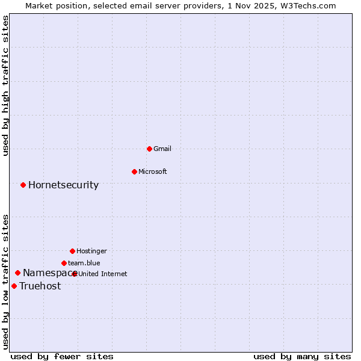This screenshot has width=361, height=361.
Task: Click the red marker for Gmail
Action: coord(149,149)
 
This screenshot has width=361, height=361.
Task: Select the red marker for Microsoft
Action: coord(134,171)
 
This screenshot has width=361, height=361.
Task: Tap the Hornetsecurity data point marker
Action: coord(23,185)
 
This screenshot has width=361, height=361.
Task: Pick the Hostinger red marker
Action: coord(72,251)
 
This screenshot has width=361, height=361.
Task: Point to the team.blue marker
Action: coord(64,263)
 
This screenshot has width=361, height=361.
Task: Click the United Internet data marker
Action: coord(75,274)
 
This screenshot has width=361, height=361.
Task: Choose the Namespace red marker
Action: coord(17,273)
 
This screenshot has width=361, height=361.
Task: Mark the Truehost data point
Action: coord(14,286)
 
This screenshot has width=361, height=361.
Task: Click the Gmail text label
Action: coord(162,149)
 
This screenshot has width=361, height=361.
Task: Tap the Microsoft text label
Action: coord(153,171)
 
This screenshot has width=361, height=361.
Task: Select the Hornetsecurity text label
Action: coord(63,185)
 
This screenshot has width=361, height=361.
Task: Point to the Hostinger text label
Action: coord(91,251)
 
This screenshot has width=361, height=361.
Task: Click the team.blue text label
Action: coord(84,263)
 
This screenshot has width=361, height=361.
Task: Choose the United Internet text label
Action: coord(103,274)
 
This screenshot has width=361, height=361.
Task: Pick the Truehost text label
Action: coord(40,286)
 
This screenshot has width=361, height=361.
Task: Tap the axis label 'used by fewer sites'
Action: coord(62,356)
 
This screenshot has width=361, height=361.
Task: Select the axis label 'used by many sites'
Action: coord(302,356)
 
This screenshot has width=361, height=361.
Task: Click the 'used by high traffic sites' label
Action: coord(6,85)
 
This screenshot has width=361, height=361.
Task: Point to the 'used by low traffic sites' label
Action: coord(6,282)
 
